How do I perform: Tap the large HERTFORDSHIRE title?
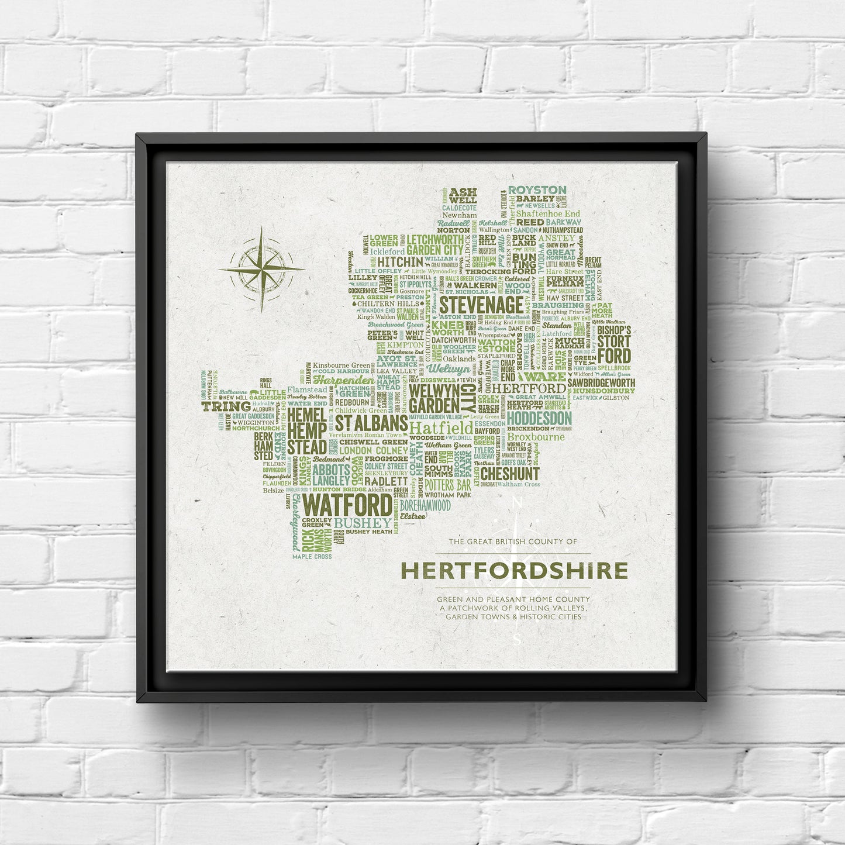tap(514, 571)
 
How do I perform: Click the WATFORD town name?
tap(349, 505)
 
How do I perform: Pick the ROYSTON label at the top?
tap(537, 190)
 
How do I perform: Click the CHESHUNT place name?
tap(510, 473)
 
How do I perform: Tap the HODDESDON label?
tap(539, 418)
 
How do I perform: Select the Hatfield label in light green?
tap(442, 428)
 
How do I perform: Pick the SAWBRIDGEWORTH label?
tap(601, 382)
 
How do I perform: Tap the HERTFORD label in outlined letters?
tap(528, 388)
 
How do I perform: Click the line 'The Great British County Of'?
tap(513, 542)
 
